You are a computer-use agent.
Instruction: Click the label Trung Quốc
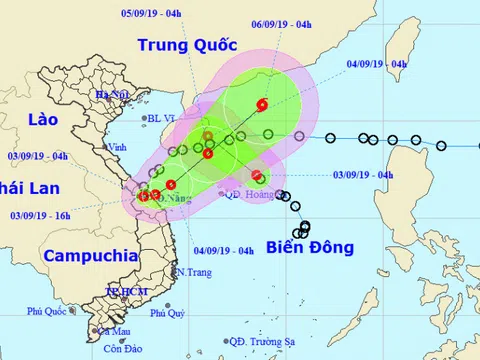(x=187, y=45)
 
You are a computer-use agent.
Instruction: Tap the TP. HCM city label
(x=125, y=291)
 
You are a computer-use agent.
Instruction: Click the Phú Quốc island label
(x=48, y=311)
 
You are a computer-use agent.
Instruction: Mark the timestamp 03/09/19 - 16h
(x=41, y=215)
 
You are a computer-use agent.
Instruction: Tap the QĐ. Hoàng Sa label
(x=249, y=195)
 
